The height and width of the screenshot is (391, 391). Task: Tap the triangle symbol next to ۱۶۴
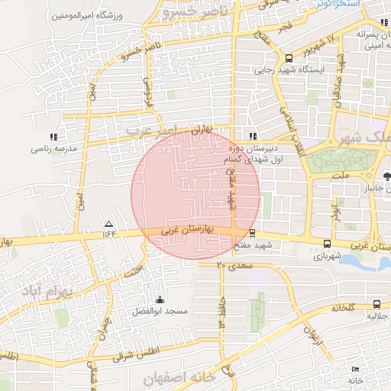[107, 224]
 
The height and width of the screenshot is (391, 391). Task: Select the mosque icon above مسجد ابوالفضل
[159, 299]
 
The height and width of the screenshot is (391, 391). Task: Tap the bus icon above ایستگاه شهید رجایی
[289, 58]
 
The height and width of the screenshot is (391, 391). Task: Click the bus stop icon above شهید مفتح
[253, 232]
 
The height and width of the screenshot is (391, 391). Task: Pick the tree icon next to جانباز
[387, 176]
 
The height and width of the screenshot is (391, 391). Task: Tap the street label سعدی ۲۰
[232, 265]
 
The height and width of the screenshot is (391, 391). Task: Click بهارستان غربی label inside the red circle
[189, 229]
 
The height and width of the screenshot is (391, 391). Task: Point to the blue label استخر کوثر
[338, 5]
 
